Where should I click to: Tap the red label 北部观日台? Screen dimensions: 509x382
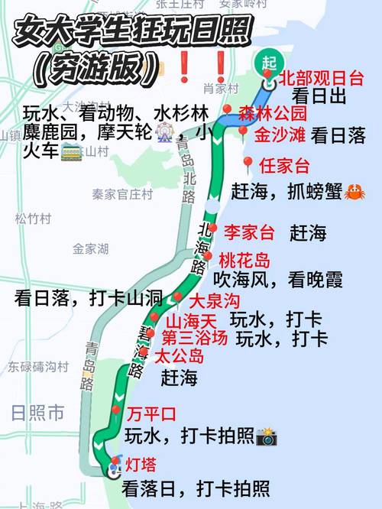coord(322,78)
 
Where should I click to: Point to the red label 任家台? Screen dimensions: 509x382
coord(284,166)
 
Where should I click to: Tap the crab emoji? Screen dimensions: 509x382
coord(354,191)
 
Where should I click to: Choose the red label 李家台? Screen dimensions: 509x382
coord(248,231)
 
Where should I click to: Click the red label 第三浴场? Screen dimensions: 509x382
coord(194,337)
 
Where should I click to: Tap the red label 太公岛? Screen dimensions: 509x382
coord(180,355)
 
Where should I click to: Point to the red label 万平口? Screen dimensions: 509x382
coord(152,415)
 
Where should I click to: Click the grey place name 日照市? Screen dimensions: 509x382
coord(37,413)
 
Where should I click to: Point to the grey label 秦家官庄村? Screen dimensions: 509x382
coord(123,194)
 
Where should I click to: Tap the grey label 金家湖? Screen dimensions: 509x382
coord(90,248)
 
